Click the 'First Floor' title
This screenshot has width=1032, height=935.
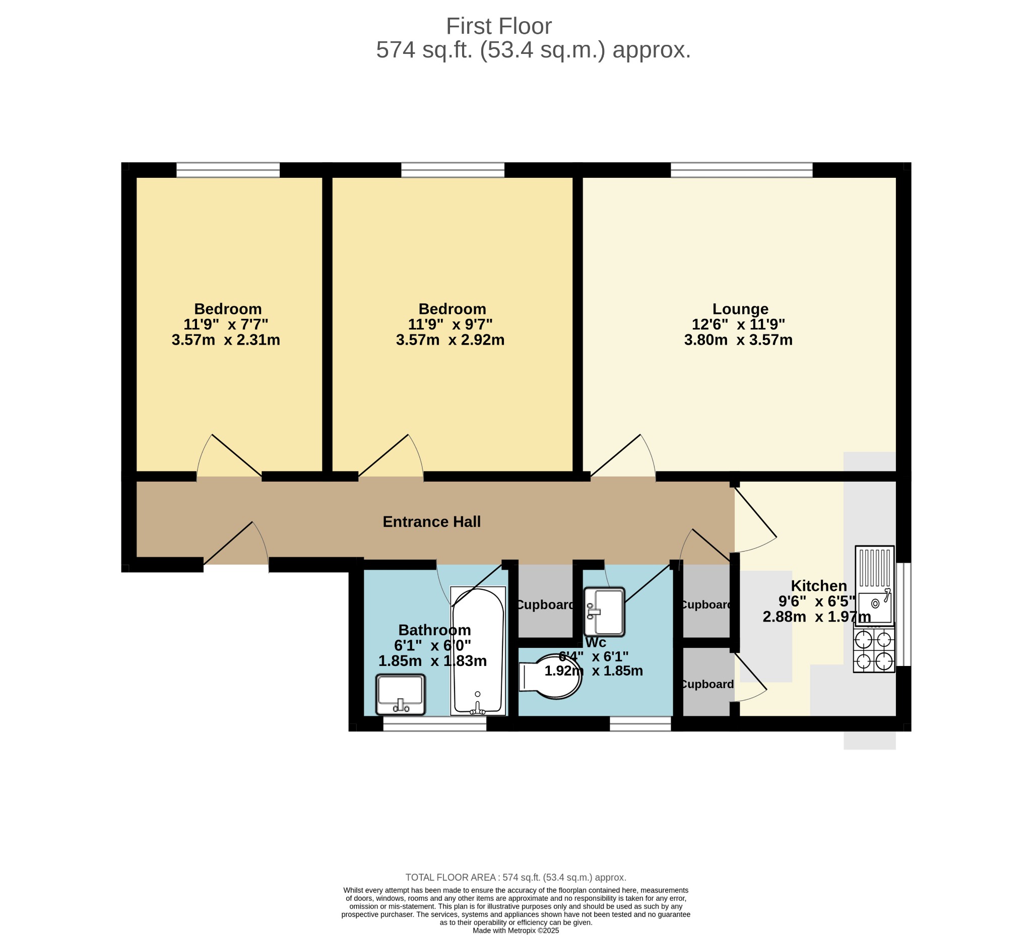point(498,26)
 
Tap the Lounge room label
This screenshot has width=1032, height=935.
point(740,309)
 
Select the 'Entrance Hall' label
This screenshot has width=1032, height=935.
point(431,522)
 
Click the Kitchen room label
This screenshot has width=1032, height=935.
point(819,586)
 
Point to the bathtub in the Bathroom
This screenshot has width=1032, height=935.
point(478,651)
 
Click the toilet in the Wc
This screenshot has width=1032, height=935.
point(550,677)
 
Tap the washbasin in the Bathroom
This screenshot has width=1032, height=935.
point(400,695)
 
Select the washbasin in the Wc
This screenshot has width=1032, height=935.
point(605,612)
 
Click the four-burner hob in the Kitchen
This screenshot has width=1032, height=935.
point(874,650)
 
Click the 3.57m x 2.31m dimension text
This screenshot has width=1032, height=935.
point(226,341)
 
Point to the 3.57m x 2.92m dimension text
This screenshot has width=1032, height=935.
point(450,341)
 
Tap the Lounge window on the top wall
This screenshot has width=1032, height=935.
point(741,170)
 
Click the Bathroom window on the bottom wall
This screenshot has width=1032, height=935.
point(434,723)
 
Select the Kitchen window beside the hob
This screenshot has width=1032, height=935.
point(904,614)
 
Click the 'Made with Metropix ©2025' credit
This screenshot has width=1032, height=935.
point(515,930)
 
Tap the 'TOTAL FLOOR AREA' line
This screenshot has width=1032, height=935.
point(515,878)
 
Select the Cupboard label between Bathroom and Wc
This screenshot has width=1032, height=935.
point(546,605)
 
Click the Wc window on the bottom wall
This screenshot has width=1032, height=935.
point(640,723)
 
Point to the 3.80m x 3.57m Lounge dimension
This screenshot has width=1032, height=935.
point(738,341)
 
